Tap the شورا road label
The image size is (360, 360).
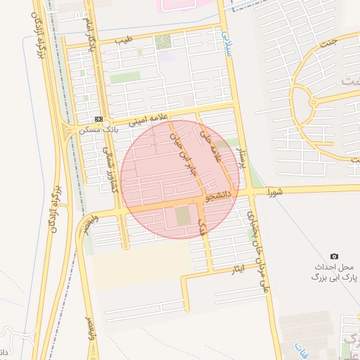[x=276, y=191]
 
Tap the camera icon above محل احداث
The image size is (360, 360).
[x=334, y=256]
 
